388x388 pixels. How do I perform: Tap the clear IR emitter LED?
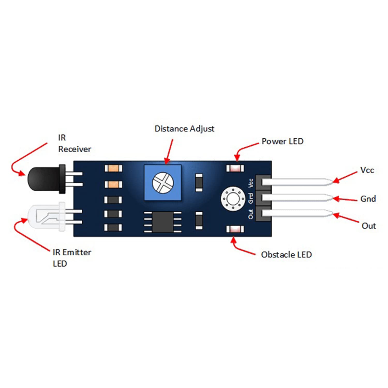[x=45, y=216]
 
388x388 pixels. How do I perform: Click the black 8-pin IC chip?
[x=163, y=222]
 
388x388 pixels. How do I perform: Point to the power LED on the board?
[x=235, y=169]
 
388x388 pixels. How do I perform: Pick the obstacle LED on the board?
[x=235, y=229]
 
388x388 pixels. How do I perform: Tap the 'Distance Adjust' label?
[x=184, y=129]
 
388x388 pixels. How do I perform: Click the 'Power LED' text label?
[x=282, y=141]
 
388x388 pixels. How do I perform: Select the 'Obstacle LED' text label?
[x=286, y=255]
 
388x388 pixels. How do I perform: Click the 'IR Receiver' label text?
[x=74, y=144]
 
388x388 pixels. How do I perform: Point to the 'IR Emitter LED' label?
[x=72, y=258]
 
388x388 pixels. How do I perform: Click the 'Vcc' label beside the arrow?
[x=367, y=170]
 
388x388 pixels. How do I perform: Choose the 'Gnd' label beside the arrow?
[x=368, y=199]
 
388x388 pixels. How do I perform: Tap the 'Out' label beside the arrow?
[x=369, y=226]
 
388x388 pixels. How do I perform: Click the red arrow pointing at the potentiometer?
[x=169, y=151]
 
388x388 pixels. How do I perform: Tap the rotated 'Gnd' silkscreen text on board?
[x=250, y=198]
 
